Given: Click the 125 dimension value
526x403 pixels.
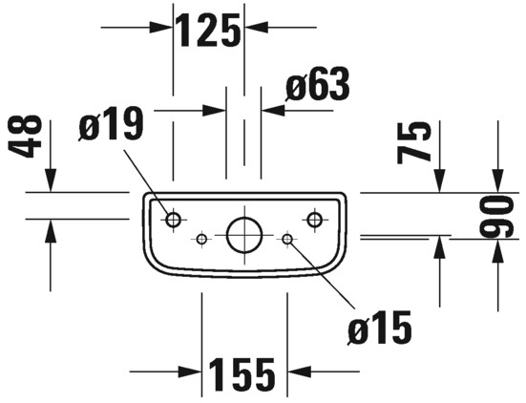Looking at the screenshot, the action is click(209, 31).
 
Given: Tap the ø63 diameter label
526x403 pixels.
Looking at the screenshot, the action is click(317, 84).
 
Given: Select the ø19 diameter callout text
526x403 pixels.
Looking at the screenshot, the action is click(112, 124).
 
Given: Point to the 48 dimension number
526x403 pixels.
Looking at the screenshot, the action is click(25, 137).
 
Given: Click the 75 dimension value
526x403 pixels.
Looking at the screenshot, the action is click(413, 142).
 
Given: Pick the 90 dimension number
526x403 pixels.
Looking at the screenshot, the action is click(496, 217).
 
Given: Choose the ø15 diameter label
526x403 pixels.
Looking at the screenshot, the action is click(380, 328).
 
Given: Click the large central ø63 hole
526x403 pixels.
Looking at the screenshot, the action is click(244, 235).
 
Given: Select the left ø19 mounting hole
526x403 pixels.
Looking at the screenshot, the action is click(173, 220).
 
